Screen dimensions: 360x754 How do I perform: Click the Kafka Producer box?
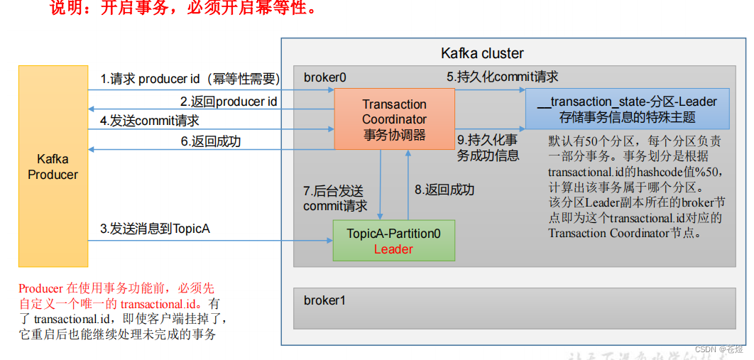[x=53, y=166]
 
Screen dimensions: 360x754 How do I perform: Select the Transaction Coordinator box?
[x=394, y=119]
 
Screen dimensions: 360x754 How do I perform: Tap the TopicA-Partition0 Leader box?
[x=393, y=241]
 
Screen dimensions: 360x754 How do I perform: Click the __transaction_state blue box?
[x=626, y=109]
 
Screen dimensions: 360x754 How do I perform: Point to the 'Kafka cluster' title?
[x=482, y=53]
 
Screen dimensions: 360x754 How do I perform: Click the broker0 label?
[x=324, y=77]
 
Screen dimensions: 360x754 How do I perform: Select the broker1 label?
[x=324, y=300]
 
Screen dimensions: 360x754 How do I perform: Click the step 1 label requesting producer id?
[x=190, y=79]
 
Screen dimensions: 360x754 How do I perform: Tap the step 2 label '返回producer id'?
[x=228, y=102]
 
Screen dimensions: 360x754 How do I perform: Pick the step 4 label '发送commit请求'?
[x=149, y=121]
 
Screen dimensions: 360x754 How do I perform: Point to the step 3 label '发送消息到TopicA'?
[x=155, y=229]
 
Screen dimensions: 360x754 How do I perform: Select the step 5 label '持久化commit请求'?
[x=502, y=77]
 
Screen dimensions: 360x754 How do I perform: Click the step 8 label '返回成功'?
[x=444, y=190]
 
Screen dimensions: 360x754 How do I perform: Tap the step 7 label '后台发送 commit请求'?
[x=335, y=199]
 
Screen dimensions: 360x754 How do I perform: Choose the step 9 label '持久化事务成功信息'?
[x=487, y=147]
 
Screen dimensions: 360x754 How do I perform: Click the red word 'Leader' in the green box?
[x=393, y=249]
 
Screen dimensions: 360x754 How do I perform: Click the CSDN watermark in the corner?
[x=719, y=349]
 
